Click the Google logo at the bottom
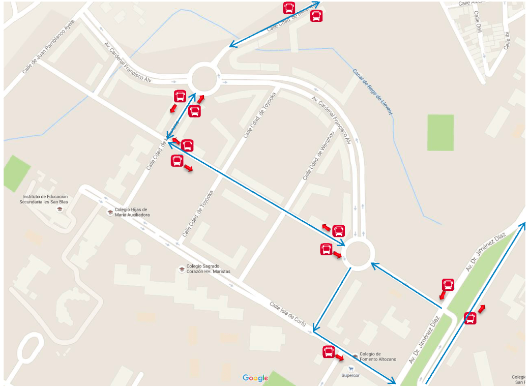tap(255, 378)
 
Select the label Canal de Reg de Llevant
tap(372, 92)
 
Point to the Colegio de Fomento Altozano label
tap(377, 356)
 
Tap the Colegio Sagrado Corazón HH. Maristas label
tap(208, 268)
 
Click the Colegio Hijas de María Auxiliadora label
tap(132, 212)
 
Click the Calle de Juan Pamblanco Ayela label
tap(49, 47)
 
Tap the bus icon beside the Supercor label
tap(329, 351)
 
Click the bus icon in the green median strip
tap(471, 319)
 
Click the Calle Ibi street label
tap(507, 40)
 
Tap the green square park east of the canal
tap(440, 132)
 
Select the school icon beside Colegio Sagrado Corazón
tap(182, 269)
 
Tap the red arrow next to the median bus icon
tap(482, 308)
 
